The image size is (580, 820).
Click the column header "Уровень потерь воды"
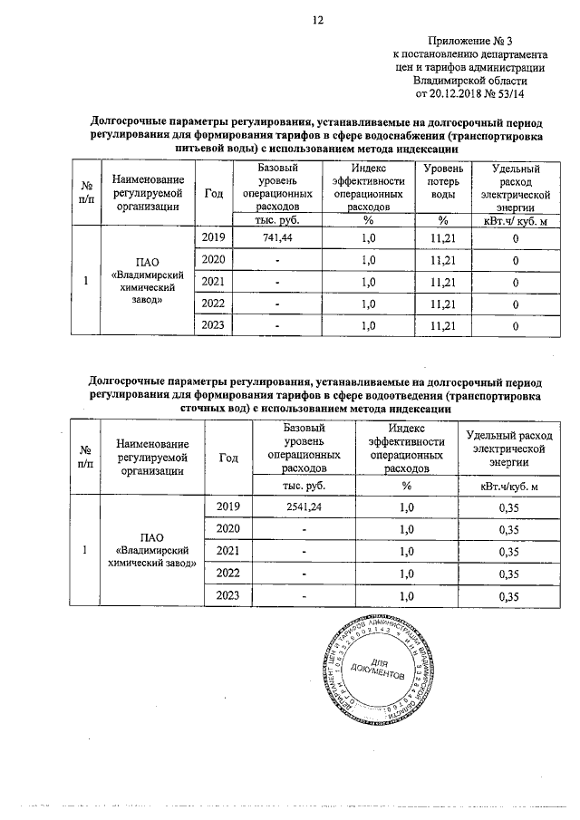[x=438, y=188]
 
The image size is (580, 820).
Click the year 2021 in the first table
[x=214, y=281]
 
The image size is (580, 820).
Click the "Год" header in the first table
[x=214, y=193]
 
